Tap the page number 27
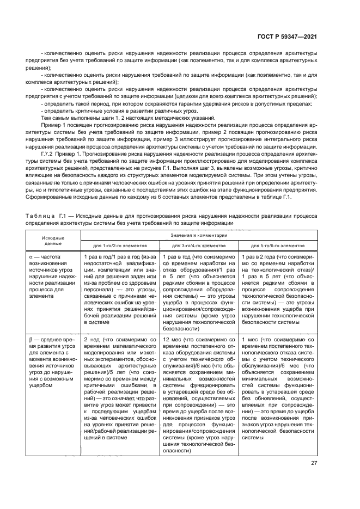click(x=314, y=463)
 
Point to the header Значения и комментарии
click(x=199, y=236)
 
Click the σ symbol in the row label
click(x=31, y=256)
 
